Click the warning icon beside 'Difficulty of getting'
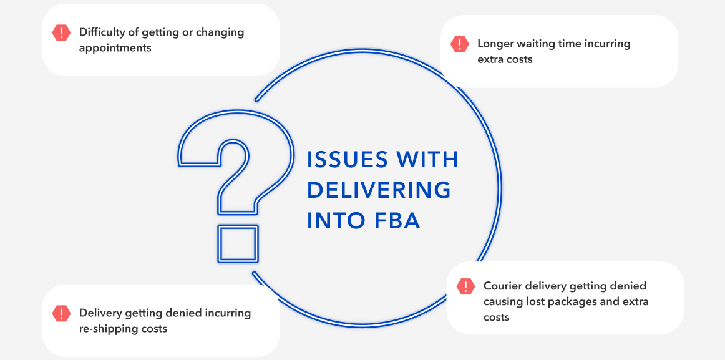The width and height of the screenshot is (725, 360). (61, 32)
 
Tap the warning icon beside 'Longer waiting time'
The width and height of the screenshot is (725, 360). (459, 44)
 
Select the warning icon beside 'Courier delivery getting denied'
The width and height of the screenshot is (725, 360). (465, 286)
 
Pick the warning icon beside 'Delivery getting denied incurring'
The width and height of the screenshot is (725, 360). (61, 313)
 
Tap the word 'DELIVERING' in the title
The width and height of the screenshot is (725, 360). (379, 190)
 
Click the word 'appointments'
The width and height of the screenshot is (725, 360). (115, 47)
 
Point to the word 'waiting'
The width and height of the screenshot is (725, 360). (540, 44)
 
